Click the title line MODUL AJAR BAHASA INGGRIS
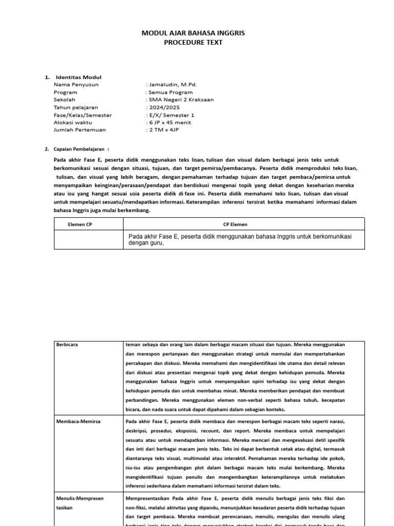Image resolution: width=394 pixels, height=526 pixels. pyautogui.click(x=193, y=33)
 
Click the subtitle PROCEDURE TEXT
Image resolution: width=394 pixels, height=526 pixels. pyautogui.click(x=193, y=43)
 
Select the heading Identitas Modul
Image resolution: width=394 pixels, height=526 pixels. pyautogui.click(x=78, y=77)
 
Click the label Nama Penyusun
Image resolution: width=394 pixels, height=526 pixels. pyautogui.click(x=76, y=84)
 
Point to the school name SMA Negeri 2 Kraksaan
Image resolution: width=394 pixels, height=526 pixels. pyautogui.click(x=181, y=100)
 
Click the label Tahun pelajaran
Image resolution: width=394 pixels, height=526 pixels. pyautogui.click(x=75, y=107)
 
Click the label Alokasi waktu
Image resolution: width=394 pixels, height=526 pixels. pyautogui.click(x=72, y=123)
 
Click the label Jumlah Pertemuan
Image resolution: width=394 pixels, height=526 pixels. pyautogui.click(x=79, y=130)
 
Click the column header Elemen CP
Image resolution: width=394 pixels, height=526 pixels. pyautogui.click(x=80, y=224)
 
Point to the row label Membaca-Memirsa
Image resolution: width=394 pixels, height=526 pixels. pyautogui.click(x=78, y=421)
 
